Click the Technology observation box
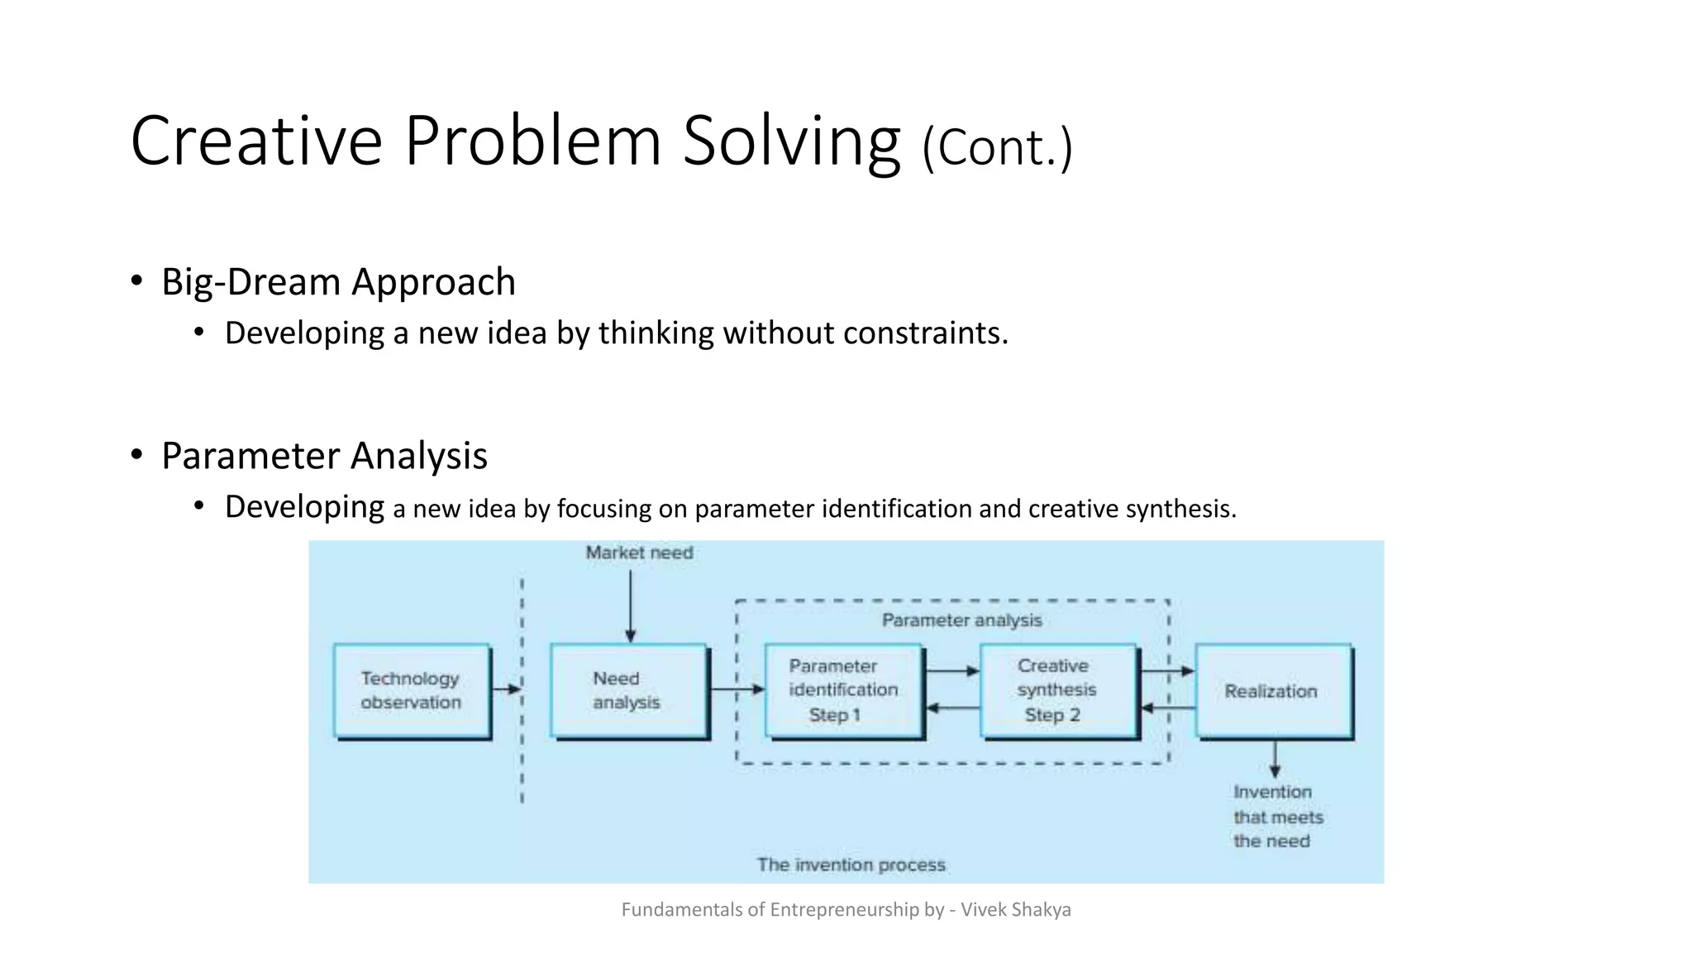(412, 690)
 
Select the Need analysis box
(628, 690)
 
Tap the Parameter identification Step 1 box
(843, 690)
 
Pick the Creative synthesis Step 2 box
(1057, 690)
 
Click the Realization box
(1272, 690)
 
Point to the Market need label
(639, 553)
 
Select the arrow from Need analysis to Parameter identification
(737, 688)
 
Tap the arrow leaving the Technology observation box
(506, 688)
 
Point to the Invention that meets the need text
(1277, 817)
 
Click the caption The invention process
(851, 864)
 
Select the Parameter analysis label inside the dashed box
(961, 620)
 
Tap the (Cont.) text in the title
(997, 147)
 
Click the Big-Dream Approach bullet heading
(338, 282)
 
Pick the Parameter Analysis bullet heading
(324, 456)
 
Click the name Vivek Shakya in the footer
(1015, 909)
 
